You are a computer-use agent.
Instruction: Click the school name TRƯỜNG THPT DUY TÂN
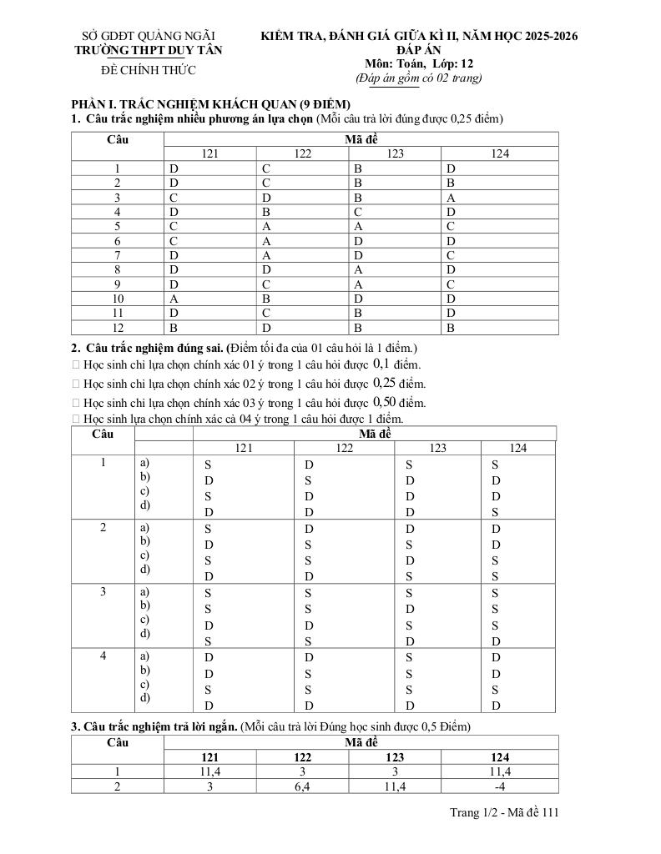pos(149,50)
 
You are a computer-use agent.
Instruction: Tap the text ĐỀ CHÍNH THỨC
pos(149,70)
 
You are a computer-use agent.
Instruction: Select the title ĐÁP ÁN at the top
pos(419,50)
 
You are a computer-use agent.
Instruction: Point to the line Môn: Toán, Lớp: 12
pos(419,63)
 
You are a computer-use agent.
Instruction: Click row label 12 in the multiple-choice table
pos(118,328)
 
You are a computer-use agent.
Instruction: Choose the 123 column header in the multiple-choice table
pos(395,153)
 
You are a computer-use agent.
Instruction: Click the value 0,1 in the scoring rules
pos(381,364)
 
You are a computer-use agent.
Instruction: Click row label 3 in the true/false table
pos(103,591)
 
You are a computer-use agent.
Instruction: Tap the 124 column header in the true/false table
pos(517,448)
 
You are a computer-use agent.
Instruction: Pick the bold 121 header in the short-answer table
pos(209,757)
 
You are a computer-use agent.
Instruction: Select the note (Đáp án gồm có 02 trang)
pos(419,78)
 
